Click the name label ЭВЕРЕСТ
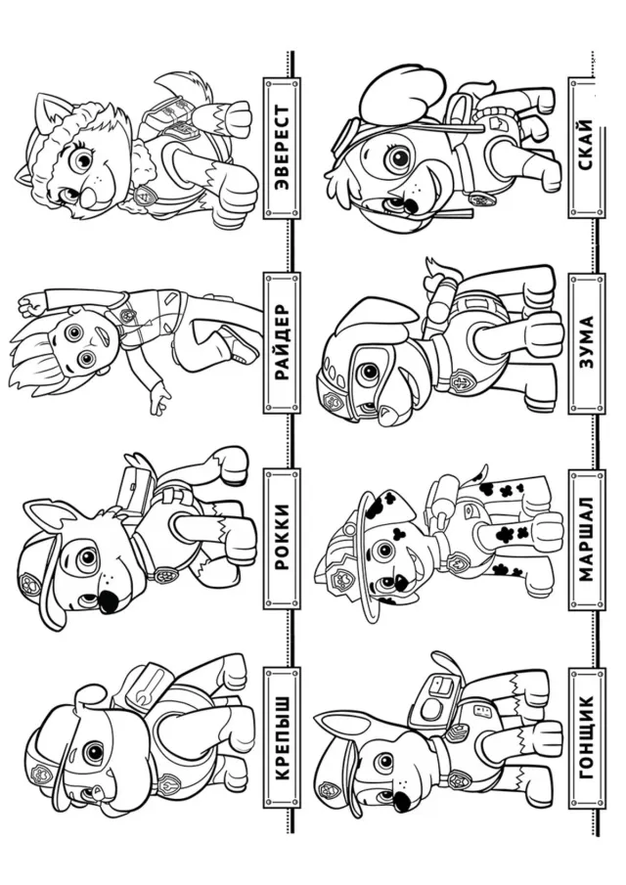click(280, 148)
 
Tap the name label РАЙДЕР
click(280, 342)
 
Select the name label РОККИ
click(280, 538)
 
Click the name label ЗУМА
click(586, 342)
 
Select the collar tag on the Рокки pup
click(164, 575)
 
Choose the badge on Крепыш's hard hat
click(42, 771)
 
